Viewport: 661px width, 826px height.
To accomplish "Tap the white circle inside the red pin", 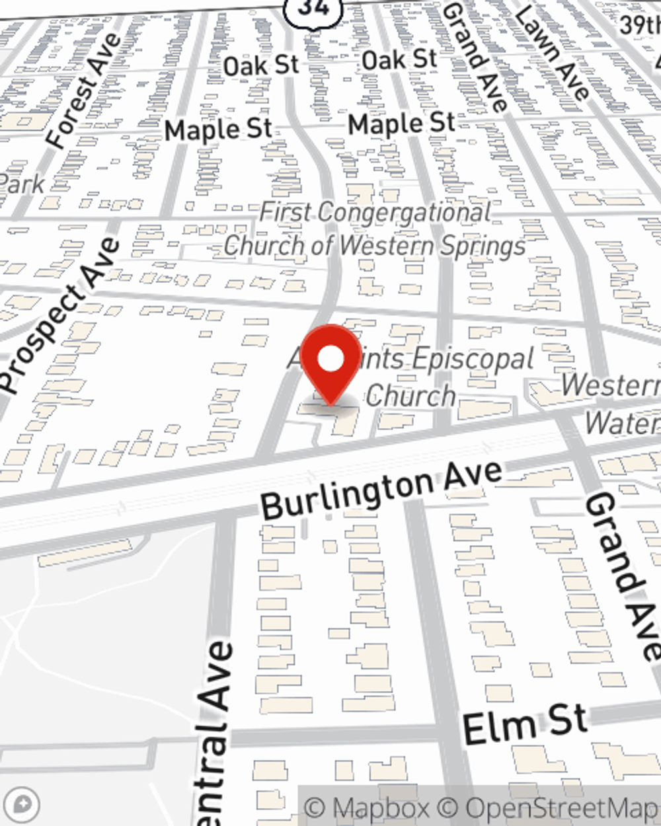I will [x=330, y=359].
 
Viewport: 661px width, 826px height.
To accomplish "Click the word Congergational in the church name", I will [x=403, y=213].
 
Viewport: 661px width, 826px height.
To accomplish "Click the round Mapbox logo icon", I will [x=23, y=805].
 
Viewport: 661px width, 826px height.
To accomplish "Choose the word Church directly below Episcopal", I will [x=410, y=396].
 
